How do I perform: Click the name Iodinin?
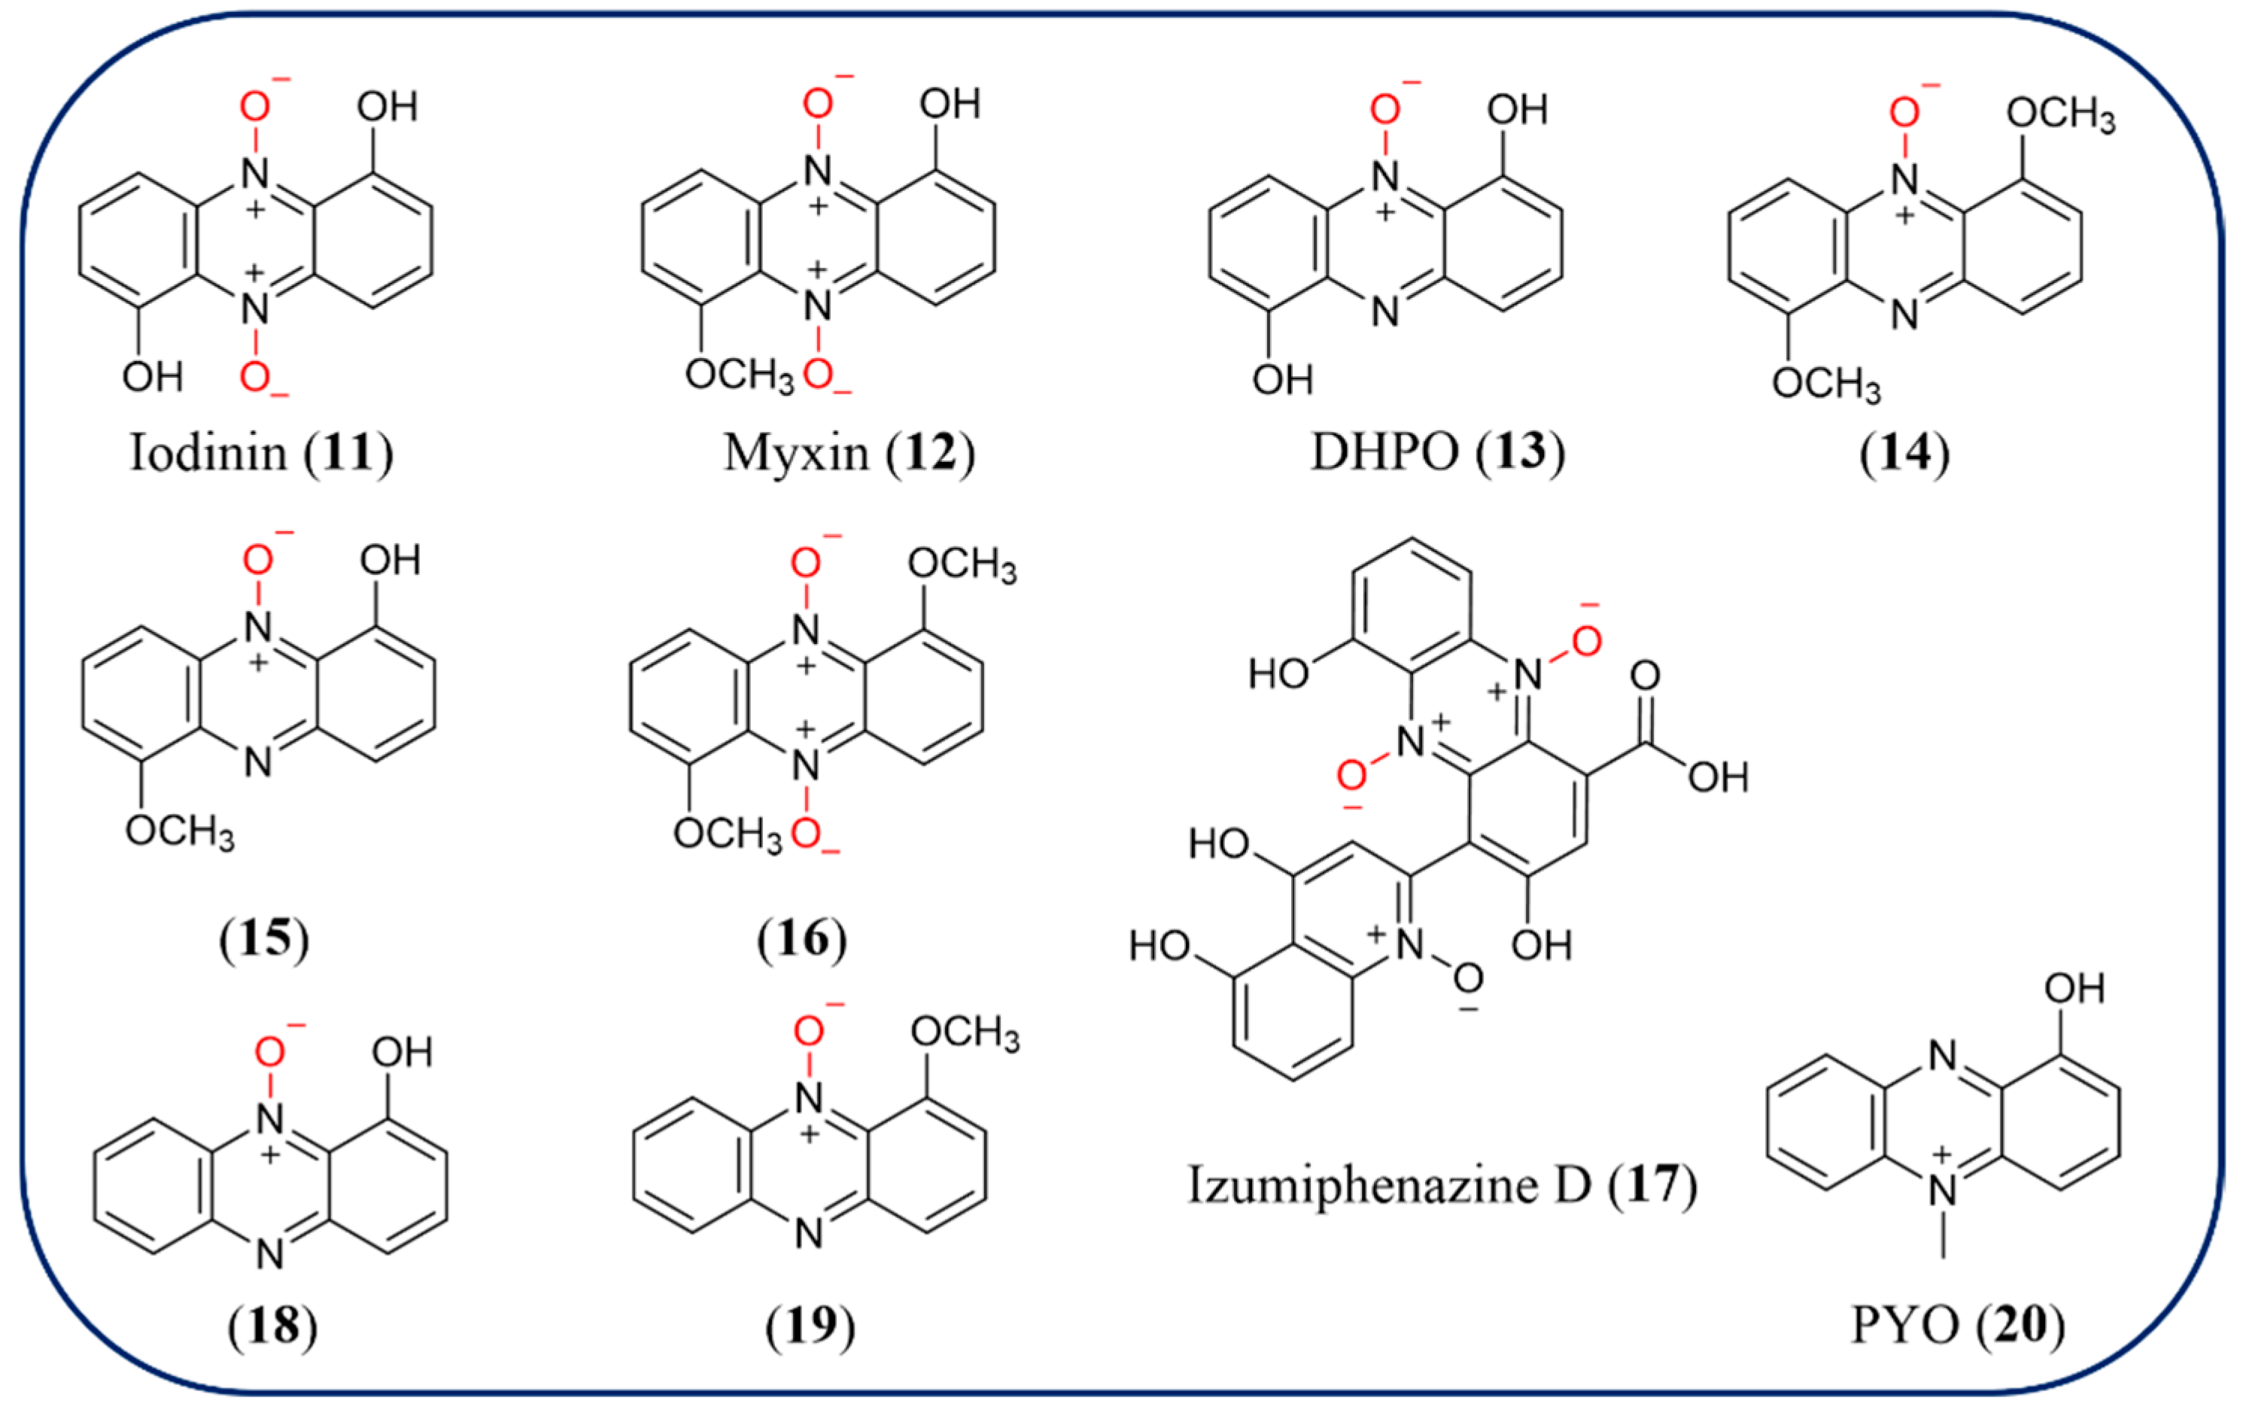point(207,454)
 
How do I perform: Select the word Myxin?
point(795,454)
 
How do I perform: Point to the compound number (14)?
point(1904,454)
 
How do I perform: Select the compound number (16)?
point(802,938)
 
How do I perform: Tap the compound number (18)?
point(272,1325)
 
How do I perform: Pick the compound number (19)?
point(810,1325)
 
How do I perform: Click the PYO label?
point(1904,1325)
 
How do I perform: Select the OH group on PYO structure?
point(2074,989)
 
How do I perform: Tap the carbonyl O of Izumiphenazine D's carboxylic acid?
point(1645,676)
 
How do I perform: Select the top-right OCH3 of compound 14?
point(2060,116)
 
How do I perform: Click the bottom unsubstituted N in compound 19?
point(809,1234)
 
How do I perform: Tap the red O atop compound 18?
point(269,1053)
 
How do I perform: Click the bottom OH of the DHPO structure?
point(1281,380)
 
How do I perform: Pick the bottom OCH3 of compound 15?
point(180,831)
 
